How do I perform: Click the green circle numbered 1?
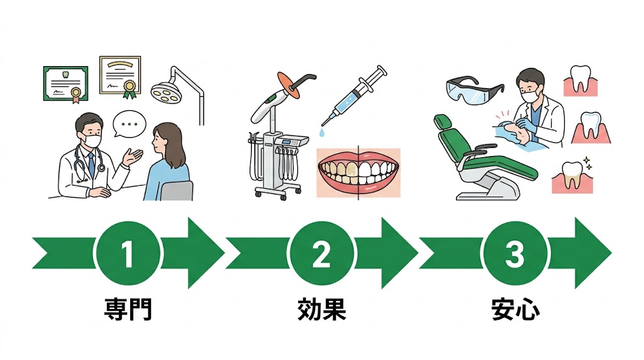pyautogui.click(x=128, y=254)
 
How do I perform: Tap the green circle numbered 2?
pyautogui.click(x=321, y=254)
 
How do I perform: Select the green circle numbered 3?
pyautogui.click(x=514, y=254)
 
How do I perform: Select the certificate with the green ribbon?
pyautogui.click(x=120, y=76)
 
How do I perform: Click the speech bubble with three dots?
pyautogui.click(x=130, y=124)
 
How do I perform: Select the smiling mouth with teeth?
pyautogui.click(x=358, y=172)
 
